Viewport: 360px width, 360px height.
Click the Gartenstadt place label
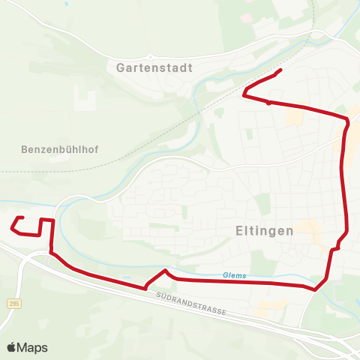click(155, 67)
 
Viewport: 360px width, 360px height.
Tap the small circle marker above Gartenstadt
click(150, 56)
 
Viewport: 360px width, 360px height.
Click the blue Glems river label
click(234, 275)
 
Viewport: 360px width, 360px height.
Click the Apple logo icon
click(11, 347)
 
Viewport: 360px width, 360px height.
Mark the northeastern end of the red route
click(280, 70)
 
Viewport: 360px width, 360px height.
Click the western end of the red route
click(23, 217)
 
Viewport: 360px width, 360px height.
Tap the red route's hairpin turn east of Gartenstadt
click(244, 94)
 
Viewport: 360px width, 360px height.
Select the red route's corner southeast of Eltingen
click(316, 289)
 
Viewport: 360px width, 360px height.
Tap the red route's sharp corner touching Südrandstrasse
click(145, 286)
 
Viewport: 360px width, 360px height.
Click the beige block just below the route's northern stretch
click(295, 118)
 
